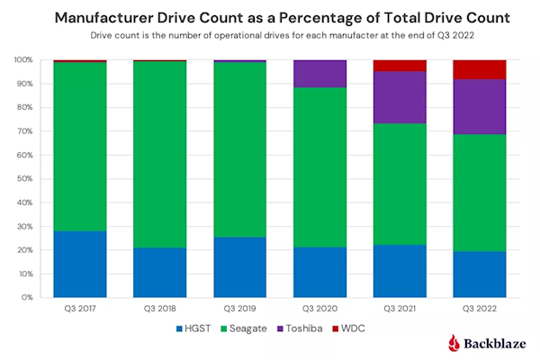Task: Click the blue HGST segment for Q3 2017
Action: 80,264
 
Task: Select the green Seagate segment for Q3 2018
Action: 160,153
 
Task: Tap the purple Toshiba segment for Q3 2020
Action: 320,74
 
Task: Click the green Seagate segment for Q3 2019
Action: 240,162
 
